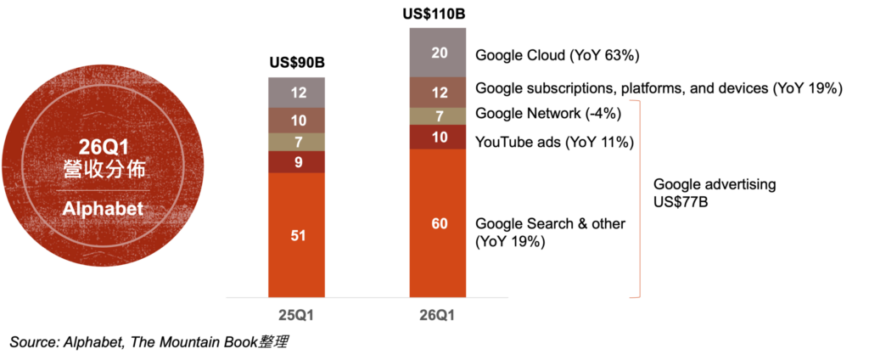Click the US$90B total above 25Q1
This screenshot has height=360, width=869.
[296, 62]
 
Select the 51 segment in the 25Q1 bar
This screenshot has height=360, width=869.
[296, 234]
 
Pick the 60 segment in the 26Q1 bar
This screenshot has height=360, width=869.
[437, 223]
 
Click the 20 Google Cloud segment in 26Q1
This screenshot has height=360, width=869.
[437, 52]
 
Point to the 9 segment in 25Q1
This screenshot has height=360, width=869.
[296, 161]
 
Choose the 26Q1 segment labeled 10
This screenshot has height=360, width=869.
[437, 137]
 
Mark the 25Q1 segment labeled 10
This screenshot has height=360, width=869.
[296, 121]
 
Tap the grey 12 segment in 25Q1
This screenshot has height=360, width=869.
[296, 93]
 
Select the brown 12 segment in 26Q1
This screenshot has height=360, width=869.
[437, 92]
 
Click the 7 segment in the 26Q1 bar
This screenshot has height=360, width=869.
[437, 116]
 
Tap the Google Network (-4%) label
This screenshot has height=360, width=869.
[548, 115]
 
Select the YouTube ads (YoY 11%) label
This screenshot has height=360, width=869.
[554, 143]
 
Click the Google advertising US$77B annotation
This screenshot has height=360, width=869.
[715, 193]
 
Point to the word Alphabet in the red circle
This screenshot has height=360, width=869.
[103, 209]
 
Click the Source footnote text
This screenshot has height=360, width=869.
[149, 342]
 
